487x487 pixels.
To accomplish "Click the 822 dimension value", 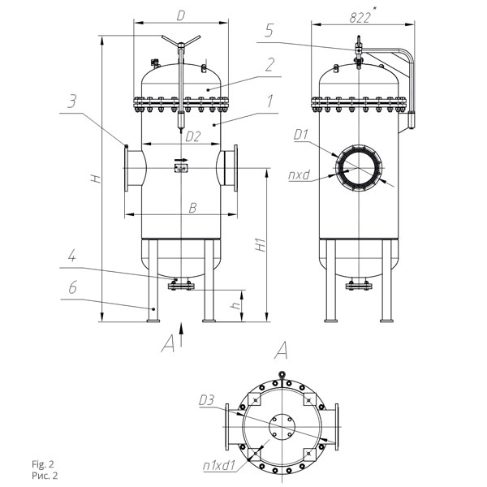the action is (360, 18).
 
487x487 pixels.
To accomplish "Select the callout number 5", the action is (269, 31).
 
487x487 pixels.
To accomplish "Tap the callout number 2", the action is (270, 65).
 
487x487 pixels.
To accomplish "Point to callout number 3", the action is (71, 101).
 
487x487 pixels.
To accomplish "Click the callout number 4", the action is (71, 256).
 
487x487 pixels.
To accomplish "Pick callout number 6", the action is (72, 287).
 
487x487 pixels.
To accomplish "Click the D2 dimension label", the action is (193, 136).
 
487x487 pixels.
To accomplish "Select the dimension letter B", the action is (192, 208).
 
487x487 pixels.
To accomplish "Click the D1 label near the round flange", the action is (301, 135).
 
